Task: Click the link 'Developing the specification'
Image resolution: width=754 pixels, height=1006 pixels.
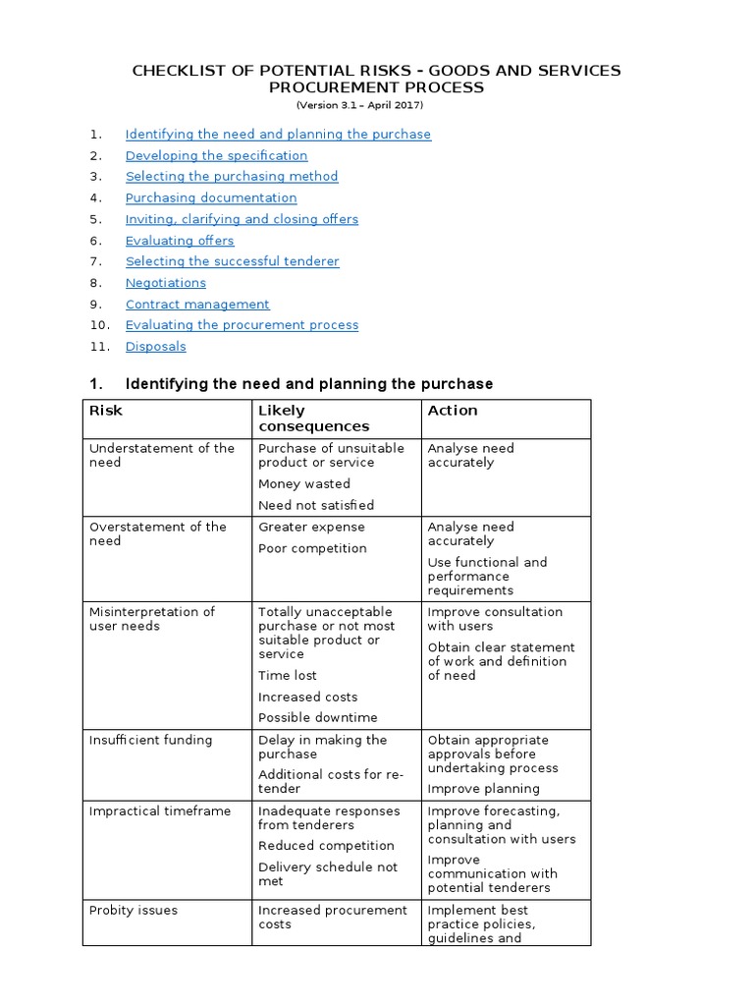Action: click(x=216, y=155)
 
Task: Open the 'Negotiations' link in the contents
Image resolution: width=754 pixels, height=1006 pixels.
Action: click(x=165, y=283)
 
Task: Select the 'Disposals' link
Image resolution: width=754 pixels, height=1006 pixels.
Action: click(x=155, y=347)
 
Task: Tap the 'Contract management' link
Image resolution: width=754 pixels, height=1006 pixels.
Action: click(x=197, y=305)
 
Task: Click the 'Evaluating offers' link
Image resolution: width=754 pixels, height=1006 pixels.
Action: click(x=180, y=241)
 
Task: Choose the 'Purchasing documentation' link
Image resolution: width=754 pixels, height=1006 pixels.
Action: click(x=211, y=197)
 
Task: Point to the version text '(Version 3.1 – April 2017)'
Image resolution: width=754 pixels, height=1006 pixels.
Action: click(x=360, y=105)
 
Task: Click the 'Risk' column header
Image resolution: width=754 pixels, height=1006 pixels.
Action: click(x=106, y=411)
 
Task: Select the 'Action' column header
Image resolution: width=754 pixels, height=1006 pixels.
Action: click(x=453, y=411)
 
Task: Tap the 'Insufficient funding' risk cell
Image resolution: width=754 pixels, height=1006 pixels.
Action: click(x=150, y=740)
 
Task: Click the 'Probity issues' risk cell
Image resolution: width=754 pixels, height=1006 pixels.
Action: click(x=134, y=911)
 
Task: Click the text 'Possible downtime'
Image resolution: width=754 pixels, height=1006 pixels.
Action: click(x=317, y=718)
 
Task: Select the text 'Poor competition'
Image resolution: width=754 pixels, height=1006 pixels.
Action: click(x=312, y=548)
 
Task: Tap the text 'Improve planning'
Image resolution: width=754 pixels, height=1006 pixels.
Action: click(x=483, y=789)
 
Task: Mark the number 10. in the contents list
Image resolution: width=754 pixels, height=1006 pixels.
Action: click(x=100, y=325)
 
